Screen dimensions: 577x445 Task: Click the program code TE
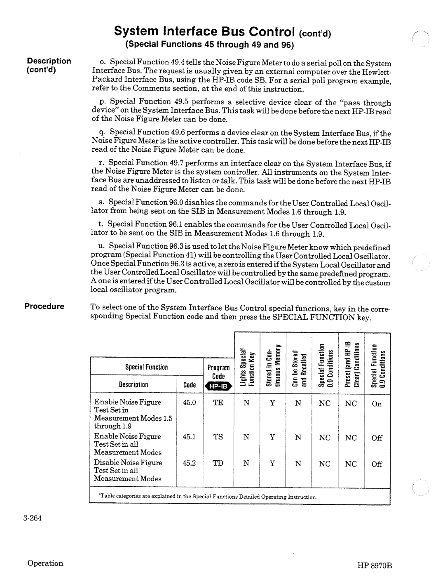point(218,403)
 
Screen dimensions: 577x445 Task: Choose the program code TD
point(218,463)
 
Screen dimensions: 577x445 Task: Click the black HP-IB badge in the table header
point(218,386)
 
